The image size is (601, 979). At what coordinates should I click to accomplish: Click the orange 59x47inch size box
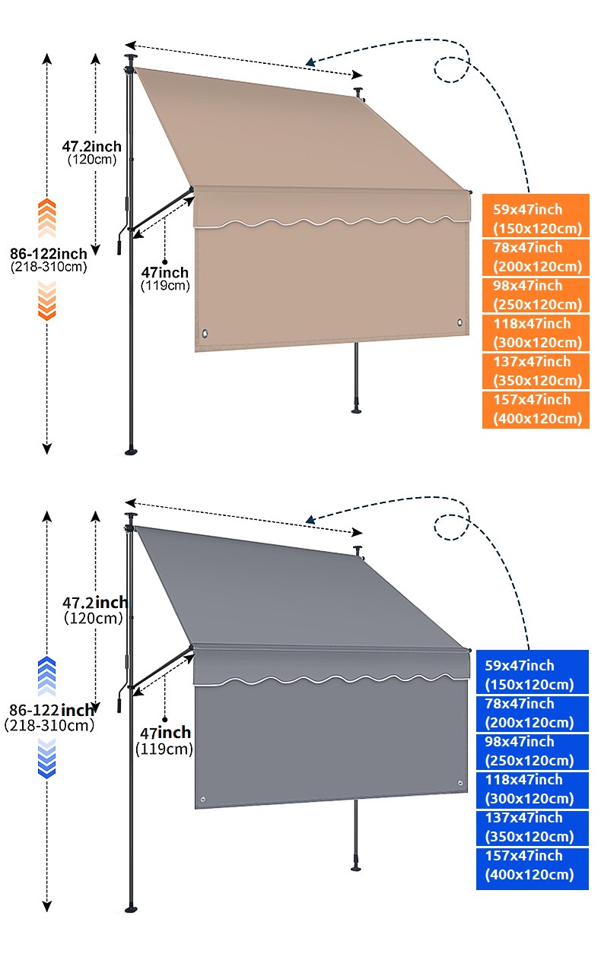click(x=536, y=218)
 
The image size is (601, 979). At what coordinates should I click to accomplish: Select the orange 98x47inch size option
click(x=536, y=295)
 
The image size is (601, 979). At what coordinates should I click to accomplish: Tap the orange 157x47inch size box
click(x=536, y=409)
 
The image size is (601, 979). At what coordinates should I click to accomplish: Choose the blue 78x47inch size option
click(x=532, y=713)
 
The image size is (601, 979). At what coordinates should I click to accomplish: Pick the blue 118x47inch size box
click(x=532, y=789)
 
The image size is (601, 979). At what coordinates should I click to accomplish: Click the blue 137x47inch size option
click(x=532, y=827)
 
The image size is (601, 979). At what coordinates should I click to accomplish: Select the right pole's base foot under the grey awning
click(x=357, y=866)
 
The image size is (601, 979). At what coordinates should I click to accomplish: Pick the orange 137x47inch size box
click(x=536, y=371)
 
